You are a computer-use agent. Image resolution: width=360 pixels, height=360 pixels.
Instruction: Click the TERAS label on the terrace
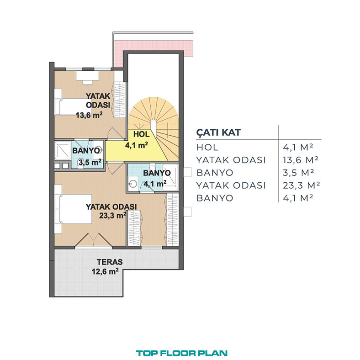pos(110,262)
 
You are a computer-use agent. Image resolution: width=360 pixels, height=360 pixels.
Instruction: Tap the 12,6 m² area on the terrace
pos(105,271)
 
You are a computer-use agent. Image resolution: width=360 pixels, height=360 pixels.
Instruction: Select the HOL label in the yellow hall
pos(142,134)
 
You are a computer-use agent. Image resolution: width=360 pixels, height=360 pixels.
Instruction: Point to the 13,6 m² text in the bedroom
pos(89,115)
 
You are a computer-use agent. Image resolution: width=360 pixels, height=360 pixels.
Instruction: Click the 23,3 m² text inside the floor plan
pos(112,216)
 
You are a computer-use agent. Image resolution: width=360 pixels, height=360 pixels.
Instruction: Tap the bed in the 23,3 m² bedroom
pos(73,209)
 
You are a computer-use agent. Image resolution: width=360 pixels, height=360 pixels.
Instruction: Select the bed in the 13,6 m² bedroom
pos(73,106)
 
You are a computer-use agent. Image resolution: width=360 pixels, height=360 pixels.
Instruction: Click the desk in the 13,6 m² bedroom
pos(87,76)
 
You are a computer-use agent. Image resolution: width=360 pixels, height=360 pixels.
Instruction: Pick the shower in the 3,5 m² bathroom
pos(63,150)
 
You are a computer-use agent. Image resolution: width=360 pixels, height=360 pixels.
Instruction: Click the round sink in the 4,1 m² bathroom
pos(132,184)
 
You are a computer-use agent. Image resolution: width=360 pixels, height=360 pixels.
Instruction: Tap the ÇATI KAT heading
pos(218,132)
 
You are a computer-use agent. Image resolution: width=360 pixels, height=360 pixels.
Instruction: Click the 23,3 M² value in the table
pos(301,185)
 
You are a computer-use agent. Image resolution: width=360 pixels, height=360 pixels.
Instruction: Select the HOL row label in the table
pos(207,148)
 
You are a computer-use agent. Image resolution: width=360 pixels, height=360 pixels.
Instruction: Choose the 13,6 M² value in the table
pos(301,160)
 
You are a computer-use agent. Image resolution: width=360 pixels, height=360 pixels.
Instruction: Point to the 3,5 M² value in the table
pos(298,173)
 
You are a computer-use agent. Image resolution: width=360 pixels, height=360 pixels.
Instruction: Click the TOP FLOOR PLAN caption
pos(182,353)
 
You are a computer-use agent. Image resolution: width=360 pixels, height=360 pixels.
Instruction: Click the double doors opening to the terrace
pos(93,240)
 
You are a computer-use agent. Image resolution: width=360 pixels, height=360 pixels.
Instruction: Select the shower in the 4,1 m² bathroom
pos(170,177)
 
